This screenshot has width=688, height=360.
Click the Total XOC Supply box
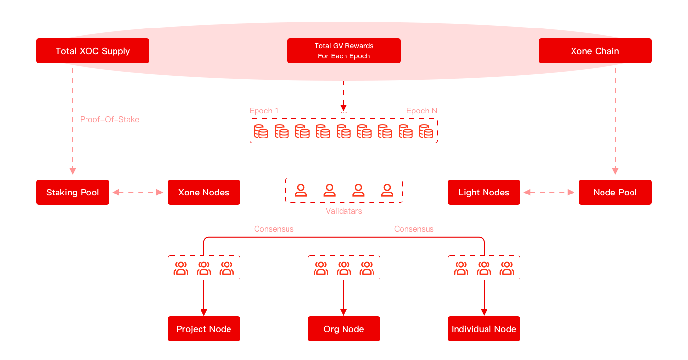pyautogui.click(x=93, y=51)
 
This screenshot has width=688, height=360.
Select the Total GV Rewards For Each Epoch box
pyautogui.click(x=344, y=51)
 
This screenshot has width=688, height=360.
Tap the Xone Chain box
pyautogui.click(x=595, y=51)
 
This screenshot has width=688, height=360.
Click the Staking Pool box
pyautogui.click(x=73, y=193)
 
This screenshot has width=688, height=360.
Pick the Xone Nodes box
pyautogui.click(x=203, y=193)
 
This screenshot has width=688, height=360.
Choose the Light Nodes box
pyautogui.click(x=484, y=193)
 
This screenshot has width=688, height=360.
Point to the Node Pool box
pyautogui.click(x=615, y=193)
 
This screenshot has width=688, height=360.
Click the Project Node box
pyautogui.click(x=203, y=329)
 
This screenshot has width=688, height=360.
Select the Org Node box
pyautogui.click(x=344, y=329)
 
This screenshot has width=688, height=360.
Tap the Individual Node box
pyautogui.click(x=484, y=329)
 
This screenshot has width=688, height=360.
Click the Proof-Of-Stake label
pyautogui.click(x=110, y=120)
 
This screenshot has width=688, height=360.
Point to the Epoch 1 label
pyautogui.click(x=264, y=111)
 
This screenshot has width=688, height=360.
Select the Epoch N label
pyautogui.click(x=422, y=111)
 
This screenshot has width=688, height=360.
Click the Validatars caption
pyautogui.click(x=344, y=211)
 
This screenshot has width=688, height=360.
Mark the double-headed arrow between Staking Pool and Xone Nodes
pyautogui.click(x=138, y=193)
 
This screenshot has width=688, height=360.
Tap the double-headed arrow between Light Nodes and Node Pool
pyautogui.click(x=549, y=193)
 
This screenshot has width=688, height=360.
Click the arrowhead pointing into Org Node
pyautogui.click(x=344, y=313)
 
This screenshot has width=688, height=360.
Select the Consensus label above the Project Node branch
pyautogui.click(x=274, y=229)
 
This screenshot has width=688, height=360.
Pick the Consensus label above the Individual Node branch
pyautogui.click(x=414, y=229)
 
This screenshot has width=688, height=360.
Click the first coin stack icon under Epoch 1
pyautogui.click(x=260, y=131)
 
